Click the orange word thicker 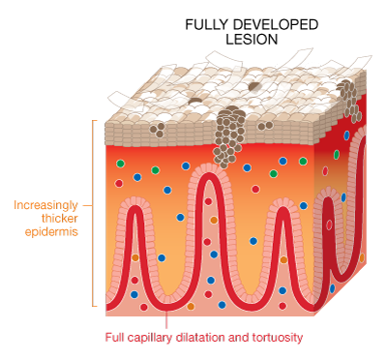(59, 219)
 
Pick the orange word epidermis (52, 232)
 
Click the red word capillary (169, 338)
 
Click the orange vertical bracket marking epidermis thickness (94, 213)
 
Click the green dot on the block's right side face (336, 155)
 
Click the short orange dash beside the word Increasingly (87, 205)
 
